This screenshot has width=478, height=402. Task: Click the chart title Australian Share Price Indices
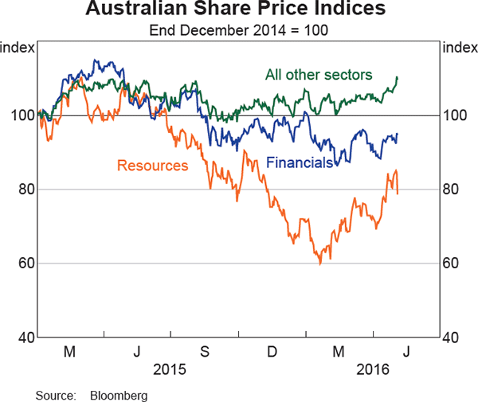click(x=239, y=10)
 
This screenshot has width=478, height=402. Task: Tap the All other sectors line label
click(x=319, y=75)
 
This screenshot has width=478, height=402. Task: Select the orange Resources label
click(x=152, y=166)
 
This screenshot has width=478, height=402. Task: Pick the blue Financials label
click(x=300, y=163)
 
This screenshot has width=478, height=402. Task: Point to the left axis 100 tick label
click(x=22, y=115)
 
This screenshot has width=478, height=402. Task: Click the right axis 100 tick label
click(x=456, y=115)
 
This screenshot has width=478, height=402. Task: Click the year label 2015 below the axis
click(x=169, y=369)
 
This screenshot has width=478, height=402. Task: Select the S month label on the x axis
click(x=205, y=351)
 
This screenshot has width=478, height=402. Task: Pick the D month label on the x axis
click(x=272, y=351)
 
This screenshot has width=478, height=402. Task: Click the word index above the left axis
click(x=18, y=47)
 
